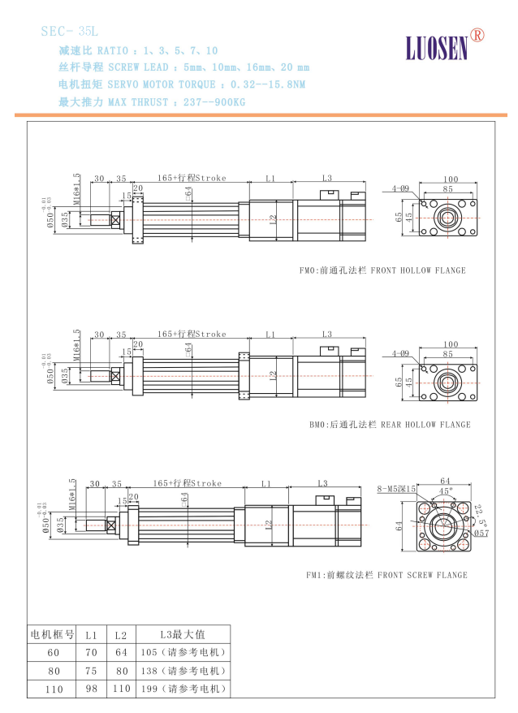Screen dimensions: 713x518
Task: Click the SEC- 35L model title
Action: (69, 32)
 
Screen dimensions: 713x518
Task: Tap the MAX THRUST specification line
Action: (152, 102)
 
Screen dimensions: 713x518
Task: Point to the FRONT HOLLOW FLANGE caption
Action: (382, 270)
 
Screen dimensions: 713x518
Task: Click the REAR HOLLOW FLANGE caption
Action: (390, 425)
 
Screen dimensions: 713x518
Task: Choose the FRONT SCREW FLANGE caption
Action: (386, 575)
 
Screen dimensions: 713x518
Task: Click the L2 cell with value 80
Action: (119, 671)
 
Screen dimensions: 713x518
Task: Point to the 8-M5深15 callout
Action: (396, 489)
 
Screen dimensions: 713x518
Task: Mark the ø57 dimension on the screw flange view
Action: (481, 533)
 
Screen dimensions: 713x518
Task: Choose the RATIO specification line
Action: (138, 50)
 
